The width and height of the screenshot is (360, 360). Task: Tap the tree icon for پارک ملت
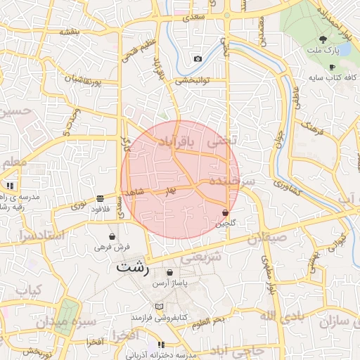pyautogui.click(x=323, y=39)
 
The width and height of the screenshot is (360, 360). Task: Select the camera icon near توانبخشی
pyautogui.click(x=198, y=58)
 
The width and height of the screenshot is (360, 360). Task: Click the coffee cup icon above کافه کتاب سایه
pyautogui.click(x=332, y=67)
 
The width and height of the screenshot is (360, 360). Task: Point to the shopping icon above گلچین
pyautogui.click(x=225, y=212)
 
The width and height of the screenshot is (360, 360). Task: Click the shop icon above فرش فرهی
pyautogui.click(x=112, y=236)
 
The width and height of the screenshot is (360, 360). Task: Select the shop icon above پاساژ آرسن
pyautogui.click(x=169, y=273)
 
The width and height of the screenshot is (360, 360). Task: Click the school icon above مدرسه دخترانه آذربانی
pyautogui.click(x=161, y=345)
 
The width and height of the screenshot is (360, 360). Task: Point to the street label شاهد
pyautogui.click(x=134, y=191)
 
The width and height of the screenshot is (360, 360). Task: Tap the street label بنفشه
pyautogui.click(x=70, y=32)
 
